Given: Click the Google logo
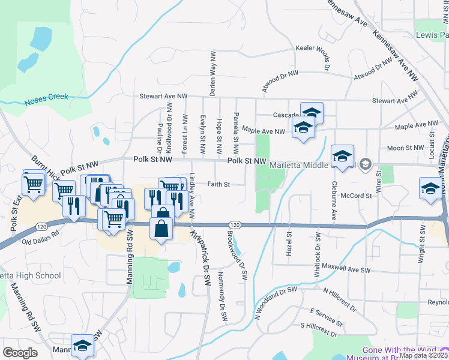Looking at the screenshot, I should tap(20, 353).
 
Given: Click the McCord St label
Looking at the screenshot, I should tap(352, 195).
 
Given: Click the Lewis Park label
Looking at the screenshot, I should tap(432, 35).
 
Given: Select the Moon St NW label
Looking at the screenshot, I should tap(406, 148).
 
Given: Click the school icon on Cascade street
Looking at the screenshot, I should tap(312, 112).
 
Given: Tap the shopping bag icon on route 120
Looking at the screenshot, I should tap(162, 228).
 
